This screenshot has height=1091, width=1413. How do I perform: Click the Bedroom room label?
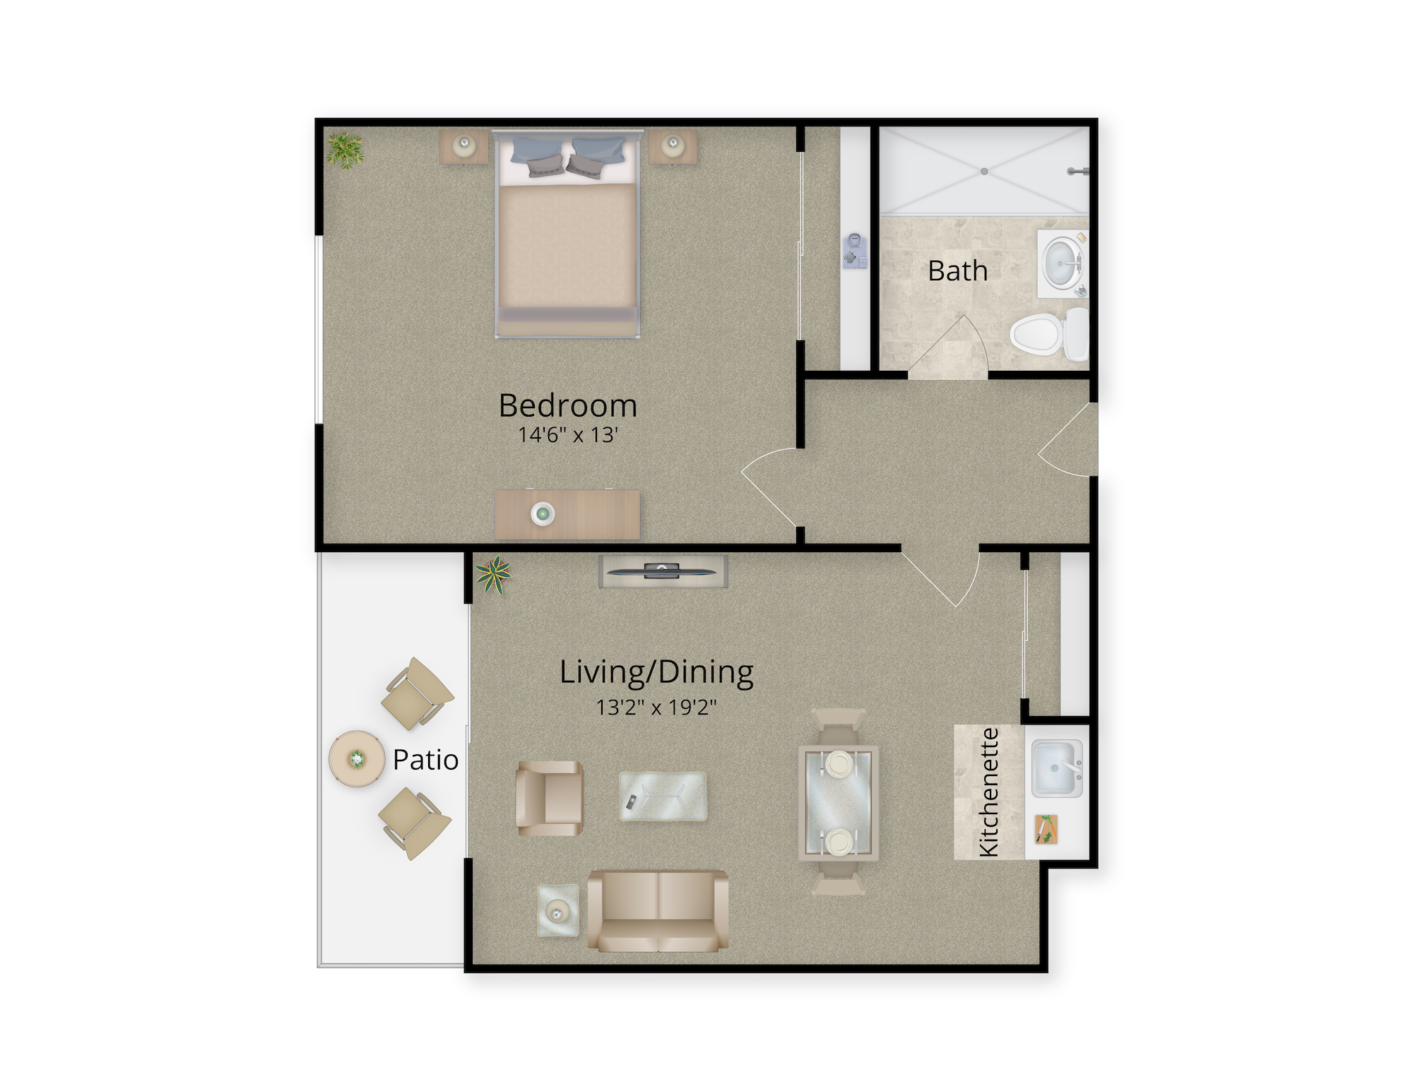pyautogui.click(x=568, y=405)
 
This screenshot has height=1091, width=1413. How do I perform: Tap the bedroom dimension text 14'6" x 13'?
pyautogui.click(x=568, y=435)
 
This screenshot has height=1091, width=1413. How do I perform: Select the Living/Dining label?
pyautogui.click(x=656, y=673)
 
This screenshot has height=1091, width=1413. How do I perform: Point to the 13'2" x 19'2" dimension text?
pyautogui.click(x=656, y=707)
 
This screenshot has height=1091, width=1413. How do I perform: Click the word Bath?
pyautogui.click(x=957, y=270)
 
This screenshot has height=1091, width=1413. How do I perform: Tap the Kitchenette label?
pyautogui.click(x=989, y=792)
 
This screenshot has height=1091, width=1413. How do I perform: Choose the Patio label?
pyautogui.click(x=425, y=760)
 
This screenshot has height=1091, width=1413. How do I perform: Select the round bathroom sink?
pyautogui.click(x=1062, y=263)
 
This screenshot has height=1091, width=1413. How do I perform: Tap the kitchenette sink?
pyautogui.click(x=1057, y=768)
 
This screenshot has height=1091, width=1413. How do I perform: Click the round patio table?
pyautogui.click(x=357, y=760)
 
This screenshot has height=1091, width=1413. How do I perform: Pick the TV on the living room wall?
pyautogui.click(x=663, y=571)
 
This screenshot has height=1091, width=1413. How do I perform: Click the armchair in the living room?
pyautogui.click(x=550, y=798)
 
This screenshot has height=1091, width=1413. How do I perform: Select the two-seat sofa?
pyautogui.click(x=658, y=911)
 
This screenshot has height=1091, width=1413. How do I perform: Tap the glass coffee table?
pyautogui.click(x=663, y=797)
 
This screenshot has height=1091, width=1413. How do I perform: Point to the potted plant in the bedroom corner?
pyautogui.click(x=345, y=150)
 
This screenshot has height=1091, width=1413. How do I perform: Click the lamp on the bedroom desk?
pyautogui.click(x=543, y=513)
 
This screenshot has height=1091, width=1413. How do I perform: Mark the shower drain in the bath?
pyautogui.click(x=983, y=172)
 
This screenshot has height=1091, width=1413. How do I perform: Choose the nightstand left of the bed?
pyautogui.click(x=463, y=147)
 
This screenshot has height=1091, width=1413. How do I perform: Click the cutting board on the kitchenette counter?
pyautogui.click(x=1046, y=829)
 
